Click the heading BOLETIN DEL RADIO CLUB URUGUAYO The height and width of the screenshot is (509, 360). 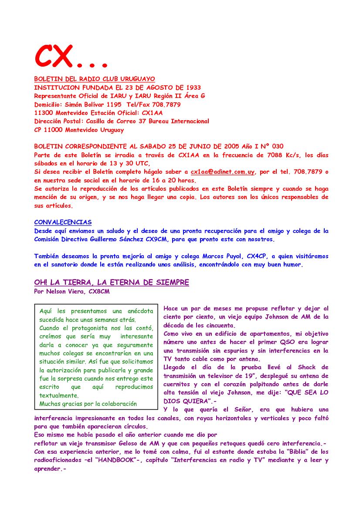pyautogui.click(x=95, y=79)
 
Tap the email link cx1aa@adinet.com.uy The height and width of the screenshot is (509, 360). pyautogui.click(x=222, y=172)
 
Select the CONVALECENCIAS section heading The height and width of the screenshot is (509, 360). pyautogui.click(x=63, y=222)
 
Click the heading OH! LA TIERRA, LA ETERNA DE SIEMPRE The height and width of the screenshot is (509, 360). pyautogui.click(x=112, y=283)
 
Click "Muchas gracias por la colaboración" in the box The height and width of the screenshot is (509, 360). pyautogui.click(x=88, y=404)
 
